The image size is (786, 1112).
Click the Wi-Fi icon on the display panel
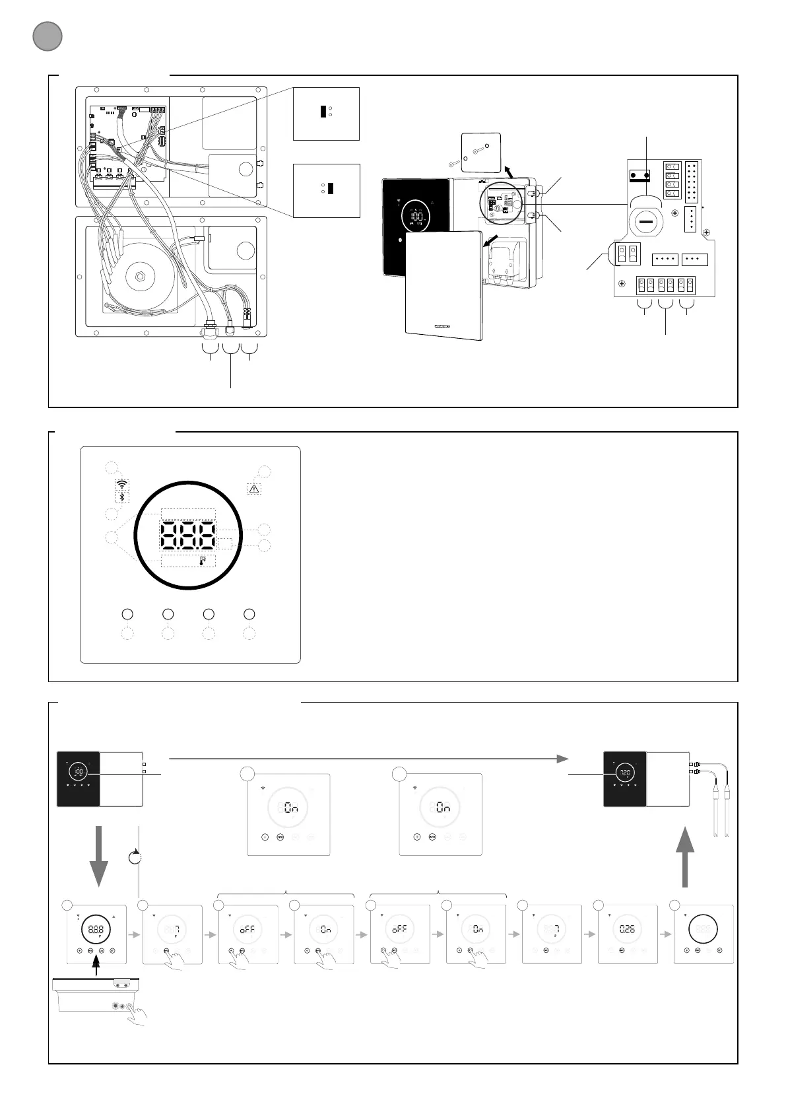click(121, 483)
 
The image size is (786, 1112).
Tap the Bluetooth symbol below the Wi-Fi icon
click(121, 497)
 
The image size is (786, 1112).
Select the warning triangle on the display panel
click(255, 489)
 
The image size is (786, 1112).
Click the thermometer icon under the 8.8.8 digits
click(203, 561)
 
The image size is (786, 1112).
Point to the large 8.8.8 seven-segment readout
click(188, 536)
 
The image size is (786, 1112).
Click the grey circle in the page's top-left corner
click(47, 36)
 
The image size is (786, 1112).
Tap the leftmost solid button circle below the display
click(127, 614)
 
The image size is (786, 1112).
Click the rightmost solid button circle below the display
click(249, 614)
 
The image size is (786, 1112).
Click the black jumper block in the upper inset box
click(323, 111)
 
